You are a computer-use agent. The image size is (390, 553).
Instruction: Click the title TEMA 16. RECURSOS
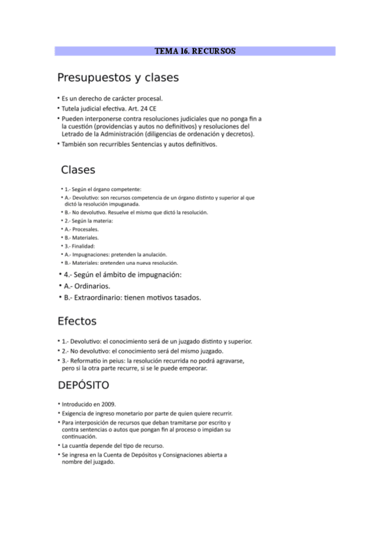coord(195,50)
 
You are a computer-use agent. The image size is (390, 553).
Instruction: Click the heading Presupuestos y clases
coord(118,78)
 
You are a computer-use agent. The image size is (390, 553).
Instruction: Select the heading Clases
coord(78,170)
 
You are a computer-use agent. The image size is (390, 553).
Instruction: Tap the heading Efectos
coord(77,321)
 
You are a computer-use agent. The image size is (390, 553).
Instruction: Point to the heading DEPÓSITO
coord(83,385)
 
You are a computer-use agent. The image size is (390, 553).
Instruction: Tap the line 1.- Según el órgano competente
coord(98,190)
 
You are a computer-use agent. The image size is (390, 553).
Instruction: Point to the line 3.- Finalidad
coord(79,246)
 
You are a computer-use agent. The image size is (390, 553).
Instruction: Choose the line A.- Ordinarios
coord(87,286)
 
